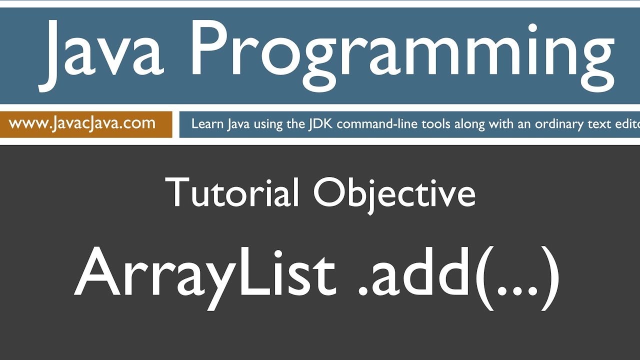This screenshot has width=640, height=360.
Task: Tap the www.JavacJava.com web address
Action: (82, 123)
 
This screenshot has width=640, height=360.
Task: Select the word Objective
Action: (394, 192)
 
